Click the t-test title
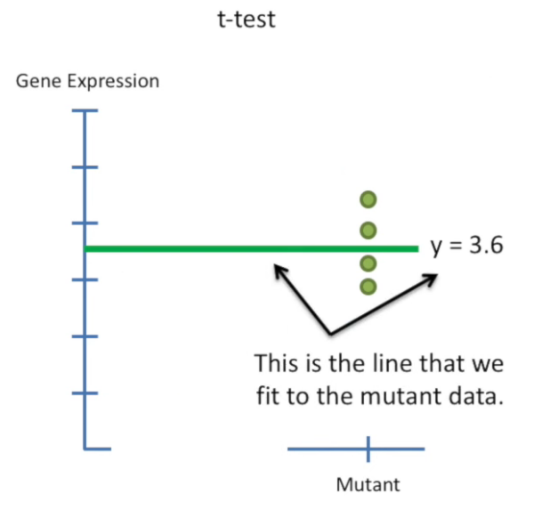point(247,19)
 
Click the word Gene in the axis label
point(36,82)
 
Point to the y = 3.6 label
point(467,247)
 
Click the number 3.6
point(486,247)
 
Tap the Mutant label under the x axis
point(368,484)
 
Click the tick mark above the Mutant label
point(368,448)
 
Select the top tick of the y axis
point(85,111)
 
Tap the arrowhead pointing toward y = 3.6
point(433,279)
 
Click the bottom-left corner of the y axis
point(85,448)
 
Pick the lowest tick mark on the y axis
point(85,393)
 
